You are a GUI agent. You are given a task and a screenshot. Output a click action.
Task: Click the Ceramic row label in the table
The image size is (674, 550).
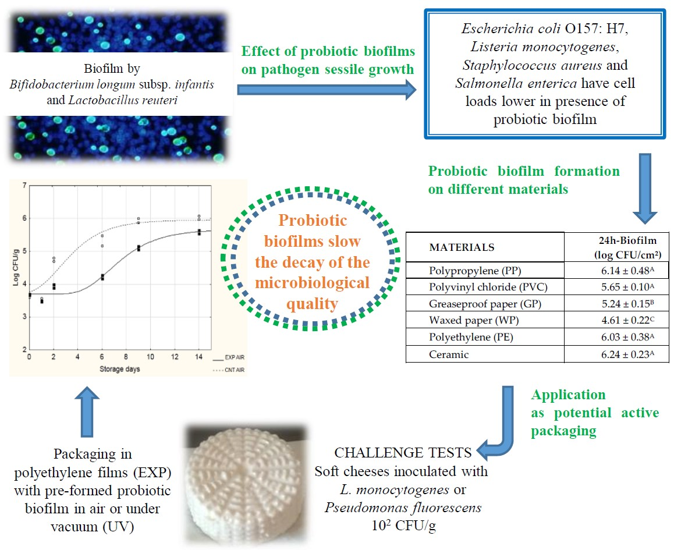coord(449,355)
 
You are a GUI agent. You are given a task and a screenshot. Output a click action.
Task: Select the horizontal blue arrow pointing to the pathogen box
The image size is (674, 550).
coord(326,90)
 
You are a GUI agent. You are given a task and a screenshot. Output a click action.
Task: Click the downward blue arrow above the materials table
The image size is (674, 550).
coord(644,187)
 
